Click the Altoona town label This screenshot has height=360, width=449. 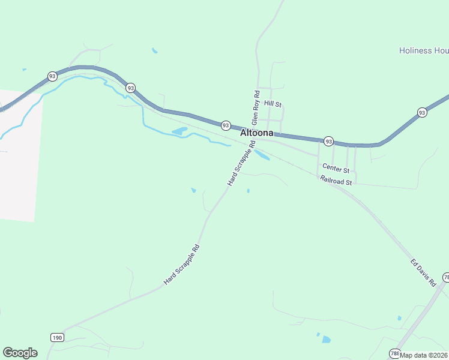click(x=257, y=133)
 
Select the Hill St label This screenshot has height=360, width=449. click(x=273, y=104)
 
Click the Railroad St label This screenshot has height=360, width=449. click(x=336, y=179)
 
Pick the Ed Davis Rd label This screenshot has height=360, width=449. click(x=423, y=272)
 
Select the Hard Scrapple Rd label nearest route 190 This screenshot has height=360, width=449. click(x=181, y=265)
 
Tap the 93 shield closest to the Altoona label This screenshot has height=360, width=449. click(x=226, y=125)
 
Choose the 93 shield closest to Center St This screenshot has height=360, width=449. click(x=328, y=141)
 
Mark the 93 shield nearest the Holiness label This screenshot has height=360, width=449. click(x=422, y=112)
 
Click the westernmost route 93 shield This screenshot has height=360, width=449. click(x=53, y=76)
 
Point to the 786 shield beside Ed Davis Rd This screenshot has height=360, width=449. click(x=446, y=277)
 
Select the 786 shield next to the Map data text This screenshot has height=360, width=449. click(x=394, y=353)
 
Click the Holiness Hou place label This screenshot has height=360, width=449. click(x=424, y=51)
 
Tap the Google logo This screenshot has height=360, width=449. click(x=20, y=353)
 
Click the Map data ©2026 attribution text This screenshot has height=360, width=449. click(x=424, y=355)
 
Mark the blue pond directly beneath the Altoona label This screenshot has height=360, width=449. click(x=262, y=154)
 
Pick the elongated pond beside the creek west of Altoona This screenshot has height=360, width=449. click(x=179, y=130)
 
